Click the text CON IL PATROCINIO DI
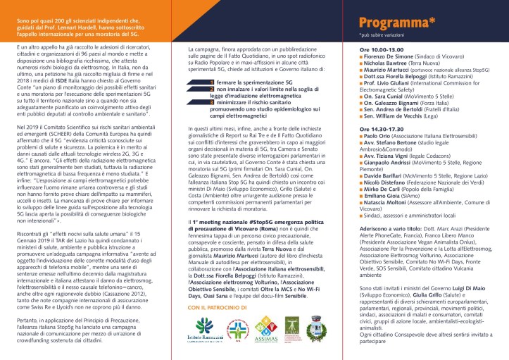[x=221, y=308]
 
